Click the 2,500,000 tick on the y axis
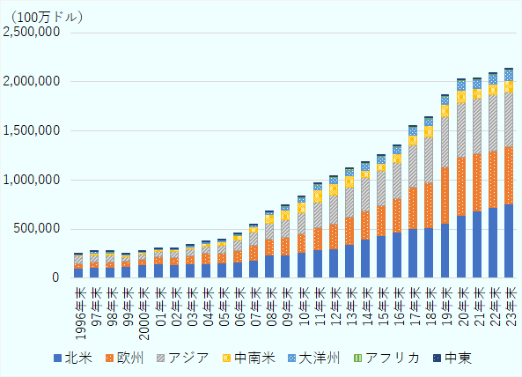pos(31,32)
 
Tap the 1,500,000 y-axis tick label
pos(31,130)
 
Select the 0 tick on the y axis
pos(55,278)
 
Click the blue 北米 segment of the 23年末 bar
pos(508,241)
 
